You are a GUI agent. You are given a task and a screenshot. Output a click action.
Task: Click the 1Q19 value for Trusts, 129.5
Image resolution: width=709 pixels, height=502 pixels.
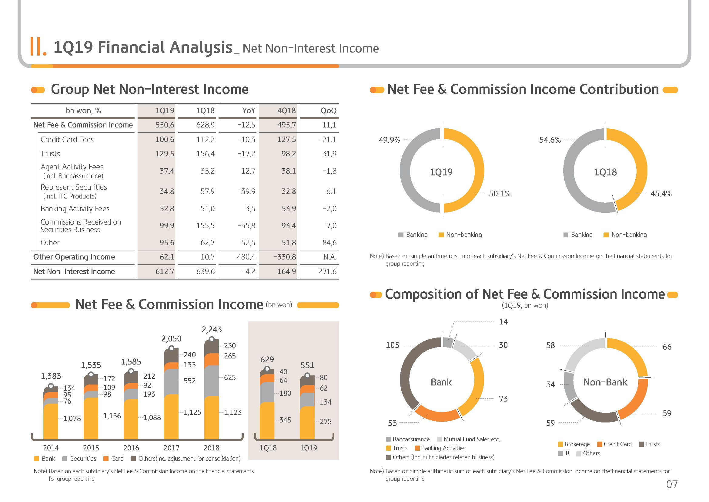(x=165, y=154)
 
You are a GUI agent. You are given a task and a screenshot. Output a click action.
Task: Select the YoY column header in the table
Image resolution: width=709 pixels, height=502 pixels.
(x=249, y=111)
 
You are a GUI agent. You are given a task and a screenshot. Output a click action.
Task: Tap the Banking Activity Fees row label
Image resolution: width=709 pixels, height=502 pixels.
(x=75, y=209)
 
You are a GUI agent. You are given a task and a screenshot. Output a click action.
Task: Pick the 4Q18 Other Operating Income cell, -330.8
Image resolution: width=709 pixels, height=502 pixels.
(x=284, y=257)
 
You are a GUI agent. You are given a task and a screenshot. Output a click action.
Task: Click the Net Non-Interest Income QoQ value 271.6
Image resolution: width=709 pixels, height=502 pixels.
(x=327, y=271)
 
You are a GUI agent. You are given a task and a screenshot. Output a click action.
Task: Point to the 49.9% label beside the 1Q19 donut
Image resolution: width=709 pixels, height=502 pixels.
(x=390, y=140)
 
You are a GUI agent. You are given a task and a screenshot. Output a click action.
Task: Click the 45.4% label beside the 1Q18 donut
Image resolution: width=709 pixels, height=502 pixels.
(x=661, y=194)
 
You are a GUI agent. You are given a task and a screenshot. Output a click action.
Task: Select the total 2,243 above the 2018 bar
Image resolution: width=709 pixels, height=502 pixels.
(x=212, y=330)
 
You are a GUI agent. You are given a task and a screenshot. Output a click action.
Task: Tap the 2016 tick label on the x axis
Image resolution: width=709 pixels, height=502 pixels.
(x=131, y=448)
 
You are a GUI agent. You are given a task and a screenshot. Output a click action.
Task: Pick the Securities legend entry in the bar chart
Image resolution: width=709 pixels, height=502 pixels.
(x=79, y=459)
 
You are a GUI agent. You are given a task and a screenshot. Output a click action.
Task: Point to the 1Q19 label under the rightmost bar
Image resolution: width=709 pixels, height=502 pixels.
(x=309, y=448)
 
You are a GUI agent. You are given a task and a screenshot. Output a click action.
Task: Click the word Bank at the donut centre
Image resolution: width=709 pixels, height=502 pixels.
(x=441, y=382)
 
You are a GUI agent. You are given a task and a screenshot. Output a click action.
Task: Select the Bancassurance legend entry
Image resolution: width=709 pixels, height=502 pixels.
(x=408, y=439)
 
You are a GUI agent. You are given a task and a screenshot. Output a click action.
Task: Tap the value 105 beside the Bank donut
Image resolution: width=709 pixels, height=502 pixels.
(x=393, y=345)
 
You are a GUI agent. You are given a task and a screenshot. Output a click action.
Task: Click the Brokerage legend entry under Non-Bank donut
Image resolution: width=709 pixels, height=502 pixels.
(x=574, y=444)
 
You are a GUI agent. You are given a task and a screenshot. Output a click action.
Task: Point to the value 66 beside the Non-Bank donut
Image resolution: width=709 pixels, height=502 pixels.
(x=667, y=347)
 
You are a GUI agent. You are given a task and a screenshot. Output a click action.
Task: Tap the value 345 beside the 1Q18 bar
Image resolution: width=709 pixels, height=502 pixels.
(x=285, y=420)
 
